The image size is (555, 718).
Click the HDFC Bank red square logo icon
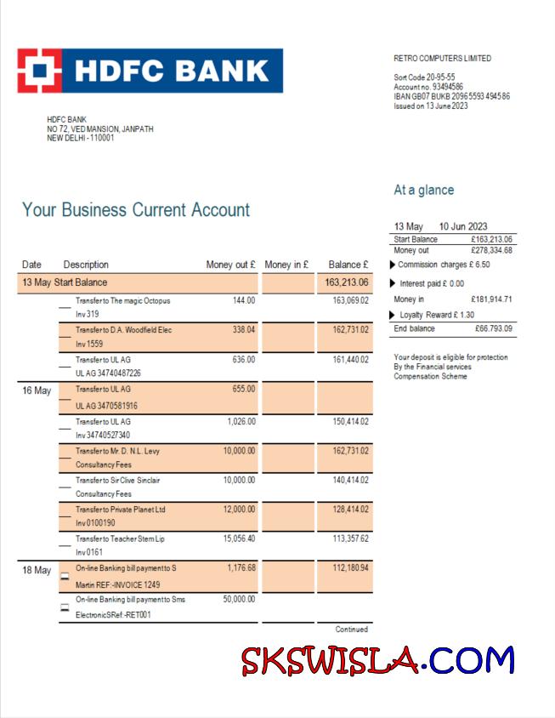click(x=39, y=71)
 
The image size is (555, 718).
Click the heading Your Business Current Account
click(x=136, y=210)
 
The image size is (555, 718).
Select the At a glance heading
click(x=423, y=190)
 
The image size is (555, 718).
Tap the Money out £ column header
click(x=230, y=265)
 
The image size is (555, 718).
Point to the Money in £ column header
click(x=286, y=265)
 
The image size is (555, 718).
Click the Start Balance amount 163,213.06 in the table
click(x=347, y=282)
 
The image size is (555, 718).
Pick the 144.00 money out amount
click(x=244, y=300)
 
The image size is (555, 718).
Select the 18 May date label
click(x=37, y=570)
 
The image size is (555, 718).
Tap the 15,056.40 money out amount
click(x=239, y=538)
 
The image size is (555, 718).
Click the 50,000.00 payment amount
click(x=239, y=599)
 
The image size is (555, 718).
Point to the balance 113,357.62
click(x=350, y=538)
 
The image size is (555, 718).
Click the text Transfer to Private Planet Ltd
click(x=120, y=510)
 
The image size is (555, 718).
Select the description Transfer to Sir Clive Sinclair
click(x=117, y=480)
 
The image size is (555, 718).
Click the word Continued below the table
click(x=352, y=630)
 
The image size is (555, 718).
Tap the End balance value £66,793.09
click(x=493, y=328)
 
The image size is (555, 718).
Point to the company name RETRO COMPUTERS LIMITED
click(x=442, y=59)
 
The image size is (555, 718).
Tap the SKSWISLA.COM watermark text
click(x=377, y=660)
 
